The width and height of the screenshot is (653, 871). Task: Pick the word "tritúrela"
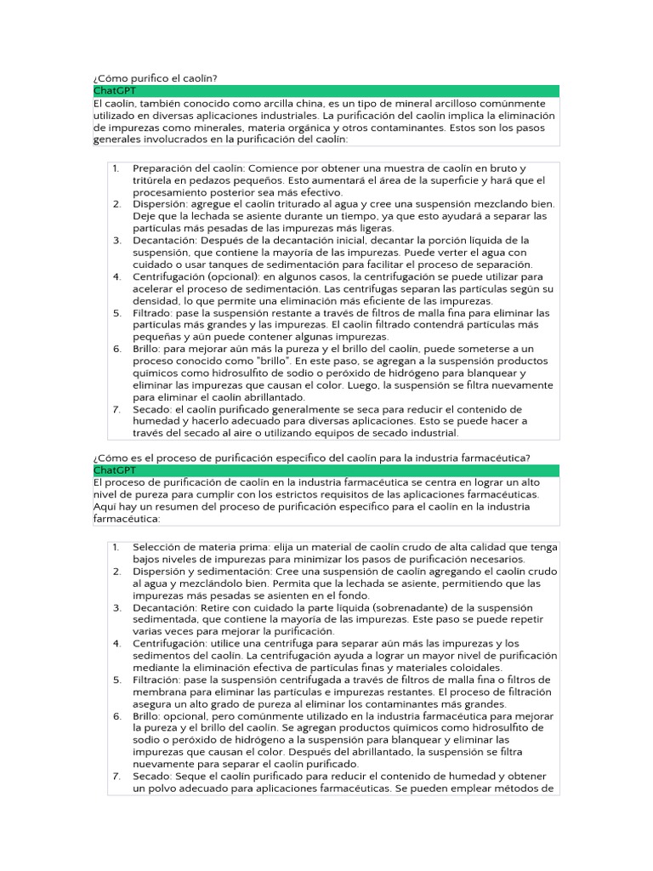point(156,180)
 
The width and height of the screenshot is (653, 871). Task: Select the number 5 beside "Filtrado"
point(117,312)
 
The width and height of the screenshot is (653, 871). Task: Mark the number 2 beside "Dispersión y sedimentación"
point(117,572)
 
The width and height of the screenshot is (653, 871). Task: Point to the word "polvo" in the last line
point(163,788)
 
